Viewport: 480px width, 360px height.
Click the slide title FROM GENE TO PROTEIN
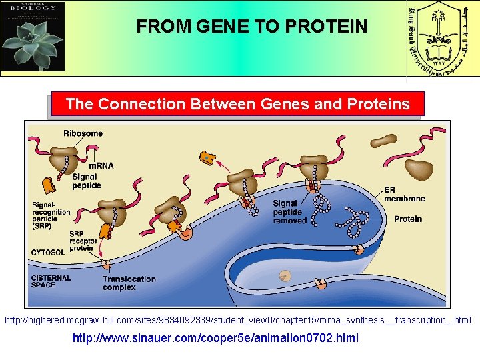251,27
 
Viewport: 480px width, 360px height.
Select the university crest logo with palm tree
441,39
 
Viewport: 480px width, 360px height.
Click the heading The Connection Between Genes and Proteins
237,105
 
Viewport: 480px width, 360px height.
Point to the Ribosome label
83,133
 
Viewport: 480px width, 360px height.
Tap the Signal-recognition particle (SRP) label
51,212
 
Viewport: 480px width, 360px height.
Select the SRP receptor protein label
83,241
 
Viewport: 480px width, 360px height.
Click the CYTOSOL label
48,253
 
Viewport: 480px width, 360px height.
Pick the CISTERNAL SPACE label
51,281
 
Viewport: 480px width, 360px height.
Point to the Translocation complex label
129,283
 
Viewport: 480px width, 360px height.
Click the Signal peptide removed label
290,212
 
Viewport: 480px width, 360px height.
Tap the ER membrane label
404,194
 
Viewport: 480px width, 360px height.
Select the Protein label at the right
407,219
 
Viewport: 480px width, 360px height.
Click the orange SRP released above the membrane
208,158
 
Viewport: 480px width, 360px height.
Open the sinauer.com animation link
215,338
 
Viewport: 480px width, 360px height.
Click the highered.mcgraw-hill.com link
238,321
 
